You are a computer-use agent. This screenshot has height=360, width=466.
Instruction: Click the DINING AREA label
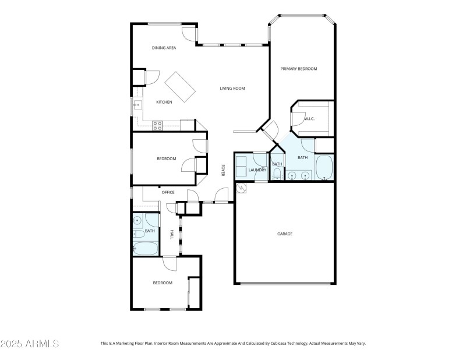(x=164, y=48)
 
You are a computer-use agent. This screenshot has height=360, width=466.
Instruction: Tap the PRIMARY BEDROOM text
(x=299, y=69)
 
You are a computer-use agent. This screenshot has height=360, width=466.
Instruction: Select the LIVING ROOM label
(x=232, y=89)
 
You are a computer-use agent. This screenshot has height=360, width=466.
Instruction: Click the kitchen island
(x=180, y=87)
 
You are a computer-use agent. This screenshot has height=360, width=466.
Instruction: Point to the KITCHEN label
(x=164, y=102)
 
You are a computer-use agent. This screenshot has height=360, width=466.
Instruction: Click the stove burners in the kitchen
(x=157, y=124)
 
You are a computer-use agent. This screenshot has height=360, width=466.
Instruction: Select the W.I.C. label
(x=309, y=119)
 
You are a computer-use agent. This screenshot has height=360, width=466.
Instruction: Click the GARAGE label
(x=284, y=234)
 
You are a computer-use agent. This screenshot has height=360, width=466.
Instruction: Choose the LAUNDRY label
(x=257, y=170)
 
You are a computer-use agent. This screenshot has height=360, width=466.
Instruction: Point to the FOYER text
(x=223, y=170)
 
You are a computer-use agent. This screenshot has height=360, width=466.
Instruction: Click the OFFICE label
(x=168, y=192)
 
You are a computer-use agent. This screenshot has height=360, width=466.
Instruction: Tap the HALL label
(x=171, y=234)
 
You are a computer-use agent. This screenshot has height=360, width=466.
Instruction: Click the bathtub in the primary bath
(x=324, y=168)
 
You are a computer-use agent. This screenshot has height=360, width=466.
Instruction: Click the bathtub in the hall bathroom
(x=145, y=248)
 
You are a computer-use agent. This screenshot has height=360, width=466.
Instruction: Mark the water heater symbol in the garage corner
(x=241, y=188)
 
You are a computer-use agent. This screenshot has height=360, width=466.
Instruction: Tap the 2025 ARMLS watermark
(x=30, y=344)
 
